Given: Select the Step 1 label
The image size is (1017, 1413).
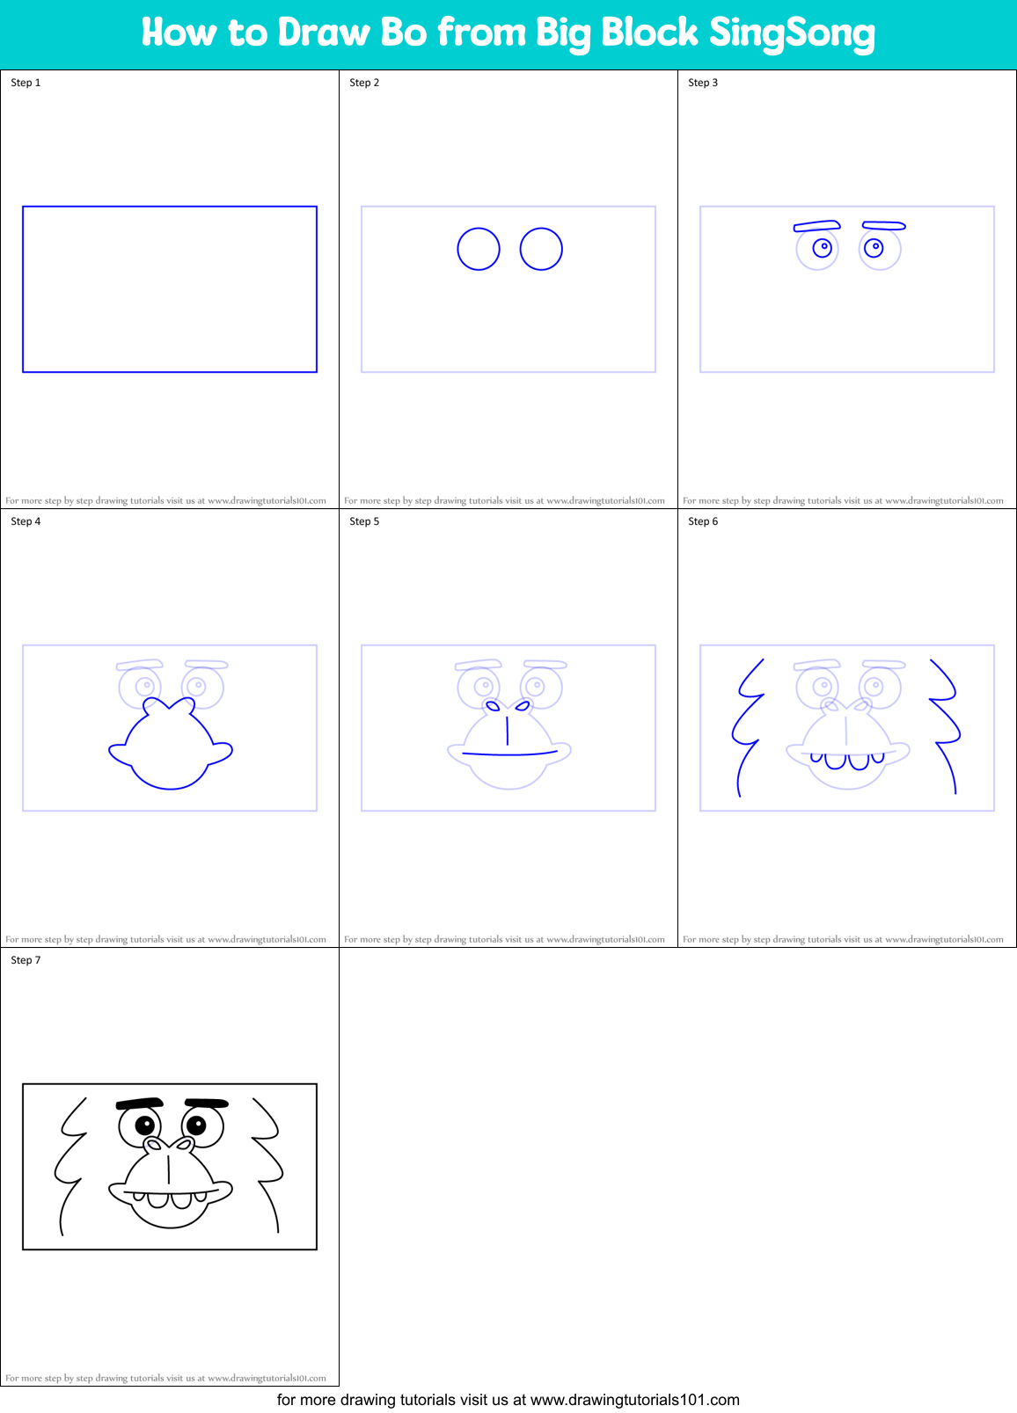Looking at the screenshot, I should point(26,83).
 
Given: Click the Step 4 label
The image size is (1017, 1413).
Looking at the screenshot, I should point(26,521).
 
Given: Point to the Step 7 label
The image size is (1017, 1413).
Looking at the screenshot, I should point(26,960).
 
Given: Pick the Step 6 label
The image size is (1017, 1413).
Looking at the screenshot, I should point(703,521).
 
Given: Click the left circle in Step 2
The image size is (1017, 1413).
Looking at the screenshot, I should point(479,249).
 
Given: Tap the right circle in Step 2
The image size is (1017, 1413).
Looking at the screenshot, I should point(541,249).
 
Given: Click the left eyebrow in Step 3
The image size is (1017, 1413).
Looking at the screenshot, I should point(817,226).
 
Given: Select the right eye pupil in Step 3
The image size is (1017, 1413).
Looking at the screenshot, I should point(874,247).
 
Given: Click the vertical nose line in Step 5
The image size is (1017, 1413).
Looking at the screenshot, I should point(508,730).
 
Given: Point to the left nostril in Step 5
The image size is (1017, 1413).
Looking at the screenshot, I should point(493,706).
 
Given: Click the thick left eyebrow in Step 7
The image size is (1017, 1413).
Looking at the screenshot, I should point(140,1103).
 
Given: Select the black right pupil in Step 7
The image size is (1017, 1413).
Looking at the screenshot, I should point(197,1125).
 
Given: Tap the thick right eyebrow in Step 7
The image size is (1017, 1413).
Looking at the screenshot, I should point(207,1103).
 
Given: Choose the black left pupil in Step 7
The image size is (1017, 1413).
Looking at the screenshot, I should point(144,1125).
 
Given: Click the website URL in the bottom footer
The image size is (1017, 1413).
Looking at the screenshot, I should point(634,1400).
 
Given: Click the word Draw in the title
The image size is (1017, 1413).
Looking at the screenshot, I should point(324,33).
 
